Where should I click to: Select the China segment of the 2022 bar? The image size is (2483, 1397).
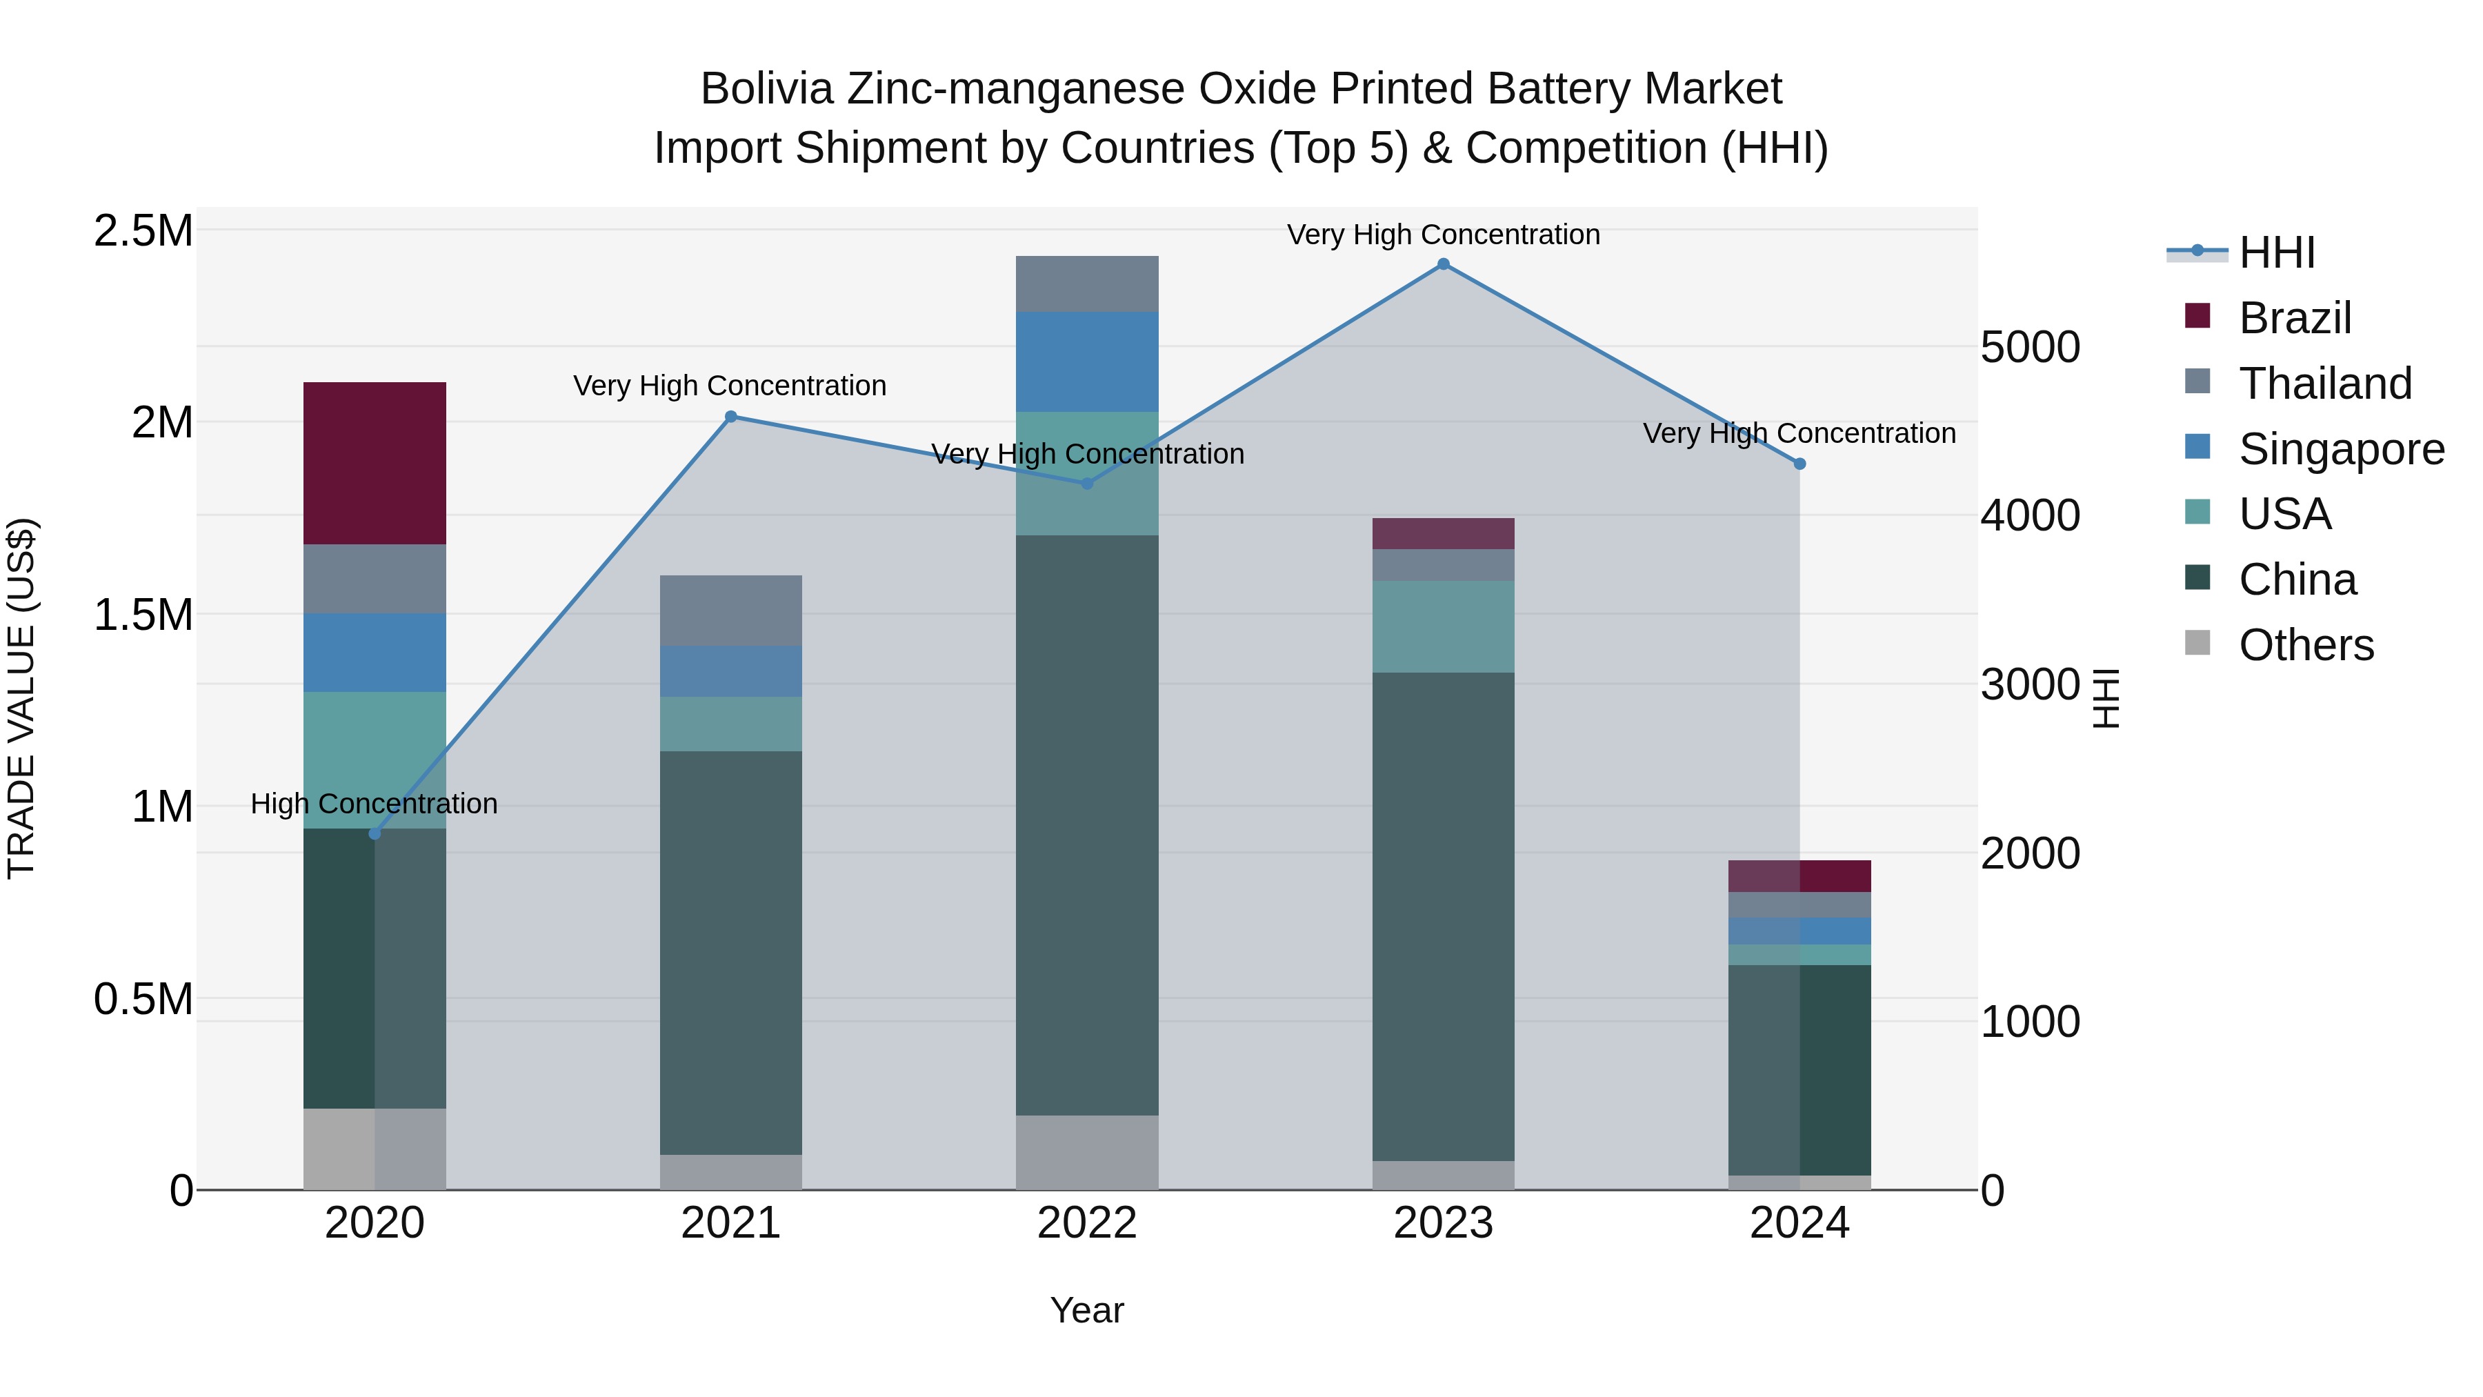1086,824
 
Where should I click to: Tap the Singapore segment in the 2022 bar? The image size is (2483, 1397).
1086,361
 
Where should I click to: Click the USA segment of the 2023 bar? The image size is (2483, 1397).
1442,626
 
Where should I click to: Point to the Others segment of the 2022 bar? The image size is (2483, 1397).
1086,1151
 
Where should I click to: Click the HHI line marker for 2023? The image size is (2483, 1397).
1442,264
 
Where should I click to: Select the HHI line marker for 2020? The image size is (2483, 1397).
375,833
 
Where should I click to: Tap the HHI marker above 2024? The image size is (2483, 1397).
1799,464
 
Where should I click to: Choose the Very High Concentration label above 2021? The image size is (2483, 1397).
730,386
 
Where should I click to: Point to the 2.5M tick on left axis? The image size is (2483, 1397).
143,231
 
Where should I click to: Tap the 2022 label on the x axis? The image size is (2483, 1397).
1086,1223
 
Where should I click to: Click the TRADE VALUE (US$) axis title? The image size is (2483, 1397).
21,698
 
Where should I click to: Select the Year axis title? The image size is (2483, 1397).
1086,1310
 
